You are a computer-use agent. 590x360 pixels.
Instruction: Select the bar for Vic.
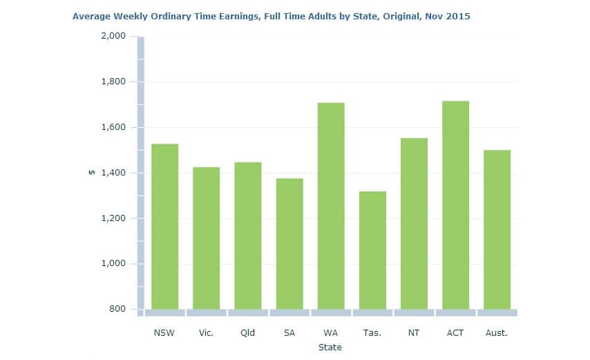[206, 238]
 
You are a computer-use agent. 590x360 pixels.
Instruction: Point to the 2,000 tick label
[113, 36]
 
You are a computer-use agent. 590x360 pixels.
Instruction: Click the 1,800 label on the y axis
[113, 82]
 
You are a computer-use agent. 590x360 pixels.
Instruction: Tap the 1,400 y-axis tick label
[113, 173]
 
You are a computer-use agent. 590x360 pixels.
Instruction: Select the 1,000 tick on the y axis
[113, 263]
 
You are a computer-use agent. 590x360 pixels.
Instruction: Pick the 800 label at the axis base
[118, 309]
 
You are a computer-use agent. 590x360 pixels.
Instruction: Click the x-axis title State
[330, 348]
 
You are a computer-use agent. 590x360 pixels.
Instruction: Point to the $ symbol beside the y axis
[91, 173]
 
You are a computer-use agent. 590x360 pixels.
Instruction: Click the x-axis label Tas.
[372, 333]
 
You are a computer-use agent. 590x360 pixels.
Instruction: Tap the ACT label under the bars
[455, 333]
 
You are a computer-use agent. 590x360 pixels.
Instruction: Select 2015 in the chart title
[458, 16]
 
